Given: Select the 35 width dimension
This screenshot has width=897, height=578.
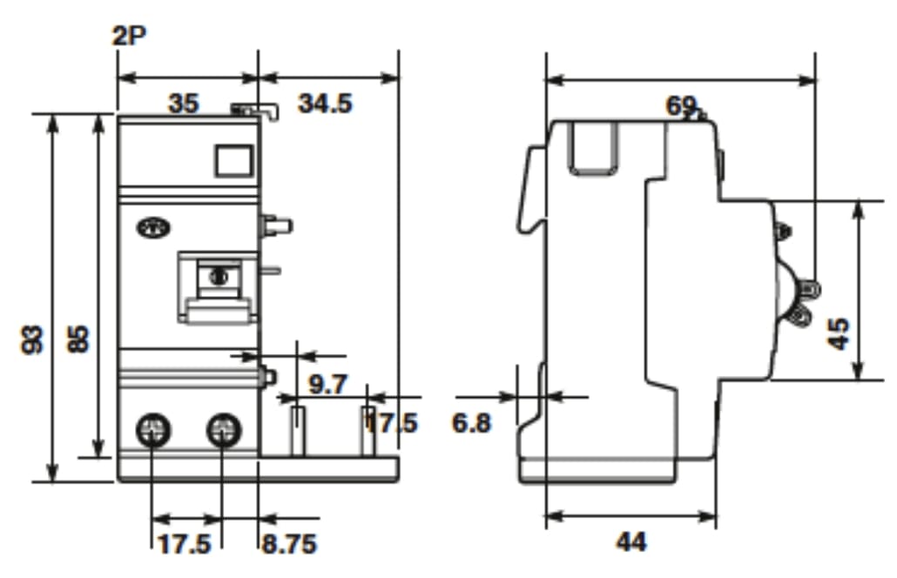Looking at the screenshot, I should (x=184, y=104).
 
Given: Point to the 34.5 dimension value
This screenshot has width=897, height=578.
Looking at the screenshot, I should (x=325, y=104).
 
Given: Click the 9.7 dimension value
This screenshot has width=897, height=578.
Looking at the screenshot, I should (x=327, y=384).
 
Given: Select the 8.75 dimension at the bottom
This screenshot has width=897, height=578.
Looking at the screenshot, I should (x=289, y=545).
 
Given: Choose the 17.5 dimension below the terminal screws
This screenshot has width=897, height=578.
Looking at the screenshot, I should (x=184, y=545).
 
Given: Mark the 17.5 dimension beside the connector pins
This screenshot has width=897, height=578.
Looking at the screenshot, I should (x=391, y=424).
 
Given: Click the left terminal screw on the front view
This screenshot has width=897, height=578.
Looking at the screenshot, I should (x=154, y=429).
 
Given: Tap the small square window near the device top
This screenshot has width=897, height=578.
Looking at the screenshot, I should (x=233, y=161).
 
